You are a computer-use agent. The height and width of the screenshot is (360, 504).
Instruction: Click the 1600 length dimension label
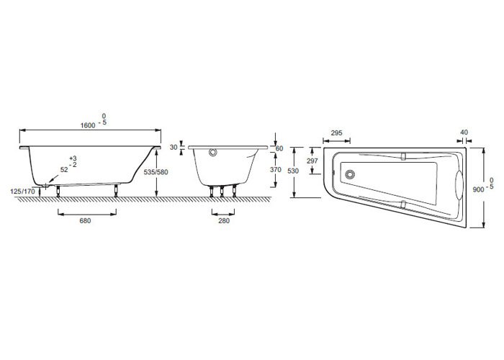point(88,125)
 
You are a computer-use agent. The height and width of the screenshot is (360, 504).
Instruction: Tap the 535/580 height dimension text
point(156,172)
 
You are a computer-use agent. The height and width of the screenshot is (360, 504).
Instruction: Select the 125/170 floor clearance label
point(22,192)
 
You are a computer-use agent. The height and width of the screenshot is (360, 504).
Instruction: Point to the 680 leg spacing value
point(85,220)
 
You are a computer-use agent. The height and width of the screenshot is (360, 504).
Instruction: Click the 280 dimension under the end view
point(224,220)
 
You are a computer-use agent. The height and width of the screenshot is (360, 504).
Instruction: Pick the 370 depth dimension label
point(276,170)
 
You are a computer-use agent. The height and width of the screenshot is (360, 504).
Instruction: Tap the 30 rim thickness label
point(174,148)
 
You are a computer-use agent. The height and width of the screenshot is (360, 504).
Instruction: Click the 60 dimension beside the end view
point(279,148)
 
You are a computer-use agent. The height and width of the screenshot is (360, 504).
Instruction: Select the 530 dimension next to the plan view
point(293,171)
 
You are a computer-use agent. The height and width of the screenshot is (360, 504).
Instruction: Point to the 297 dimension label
point(312,161)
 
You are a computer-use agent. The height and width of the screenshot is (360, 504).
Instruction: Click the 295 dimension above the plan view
point(336,132)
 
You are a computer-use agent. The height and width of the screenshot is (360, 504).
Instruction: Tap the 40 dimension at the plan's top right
point(464,132)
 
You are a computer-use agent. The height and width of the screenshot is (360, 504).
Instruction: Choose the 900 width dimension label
point(478,189)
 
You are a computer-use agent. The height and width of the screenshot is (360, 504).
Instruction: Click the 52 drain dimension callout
point(64,170)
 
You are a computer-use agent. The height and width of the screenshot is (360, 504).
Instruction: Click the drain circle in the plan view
point(350,174)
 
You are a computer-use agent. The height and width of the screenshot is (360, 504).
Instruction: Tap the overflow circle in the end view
point(213,152)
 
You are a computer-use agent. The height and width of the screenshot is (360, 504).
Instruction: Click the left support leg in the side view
point(58,191)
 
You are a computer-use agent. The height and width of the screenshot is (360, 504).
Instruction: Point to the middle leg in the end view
point(222,192)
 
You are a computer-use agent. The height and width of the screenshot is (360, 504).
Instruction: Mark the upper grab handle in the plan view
point(404,156)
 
